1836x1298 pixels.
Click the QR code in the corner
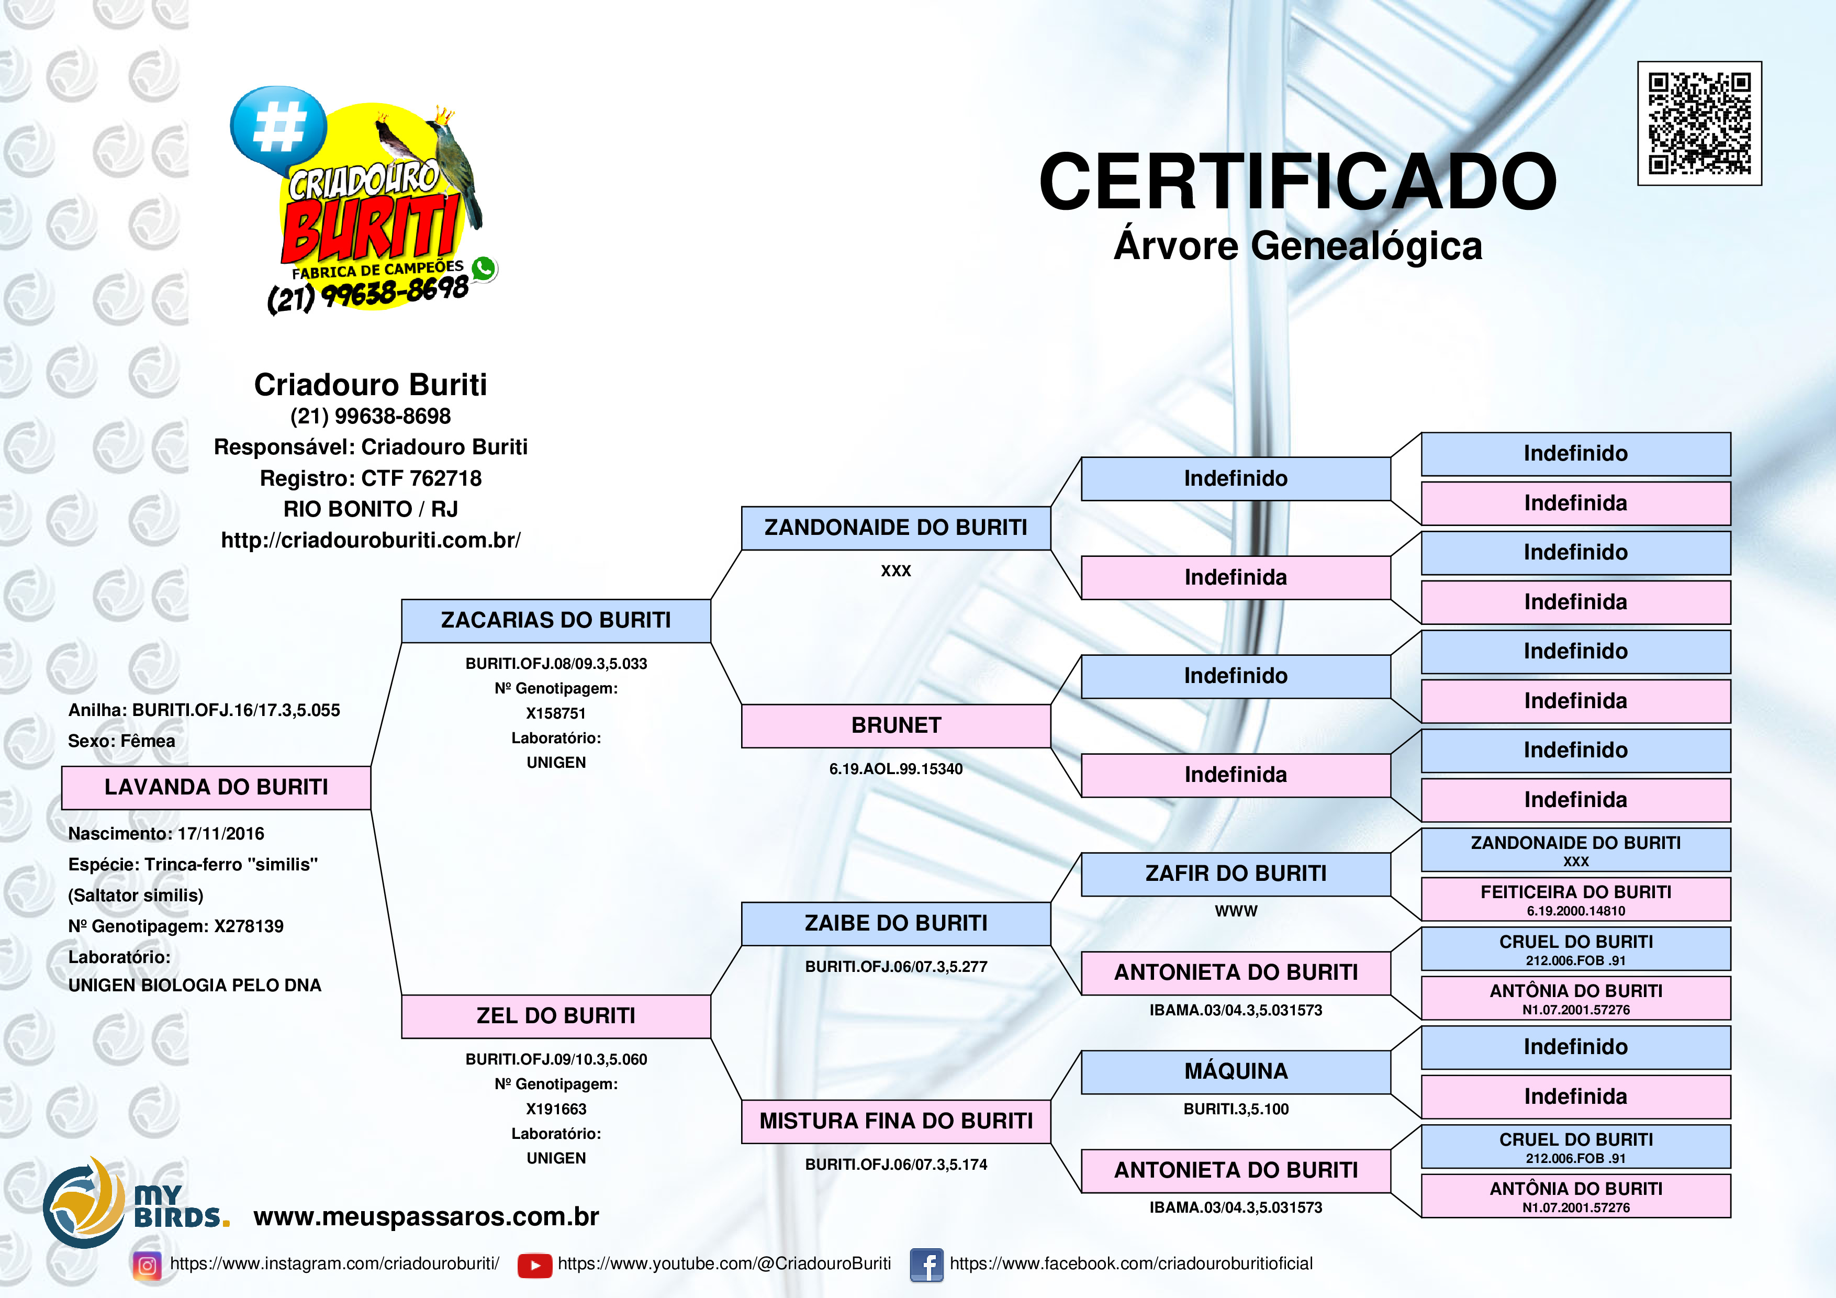tap(1699, 123)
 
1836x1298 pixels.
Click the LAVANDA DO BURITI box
tap(216, 788)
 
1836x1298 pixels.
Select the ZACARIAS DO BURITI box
tap(556, 621)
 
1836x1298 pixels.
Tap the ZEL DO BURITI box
tap(556, 1016)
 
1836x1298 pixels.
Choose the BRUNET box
tap(895, 726)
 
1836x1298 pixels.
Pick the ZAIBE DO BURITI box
tap(895, 924)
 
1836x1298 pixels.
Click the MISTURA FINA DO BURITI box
tap(895, 1121)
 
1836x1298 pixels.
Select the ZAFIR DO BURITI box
tap(1236, 874)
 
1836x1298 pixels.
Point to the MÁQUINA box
tap(1236, 1072)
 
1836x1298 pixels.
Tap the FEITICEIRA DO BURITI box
tap(1575, 899)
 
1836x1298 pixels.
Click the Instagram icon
tap(147, 1265)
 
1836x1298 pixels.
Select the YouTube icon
tap(534, 1265)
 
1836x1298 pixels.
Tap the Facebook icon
tap(927, 1265)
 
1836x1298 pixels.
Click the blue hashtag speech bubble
tap(278, 128)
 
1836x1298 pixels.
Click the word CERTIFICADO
tap(1297, 182)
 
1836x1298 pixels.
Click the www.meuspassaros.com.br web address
tap(426, 1216)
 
